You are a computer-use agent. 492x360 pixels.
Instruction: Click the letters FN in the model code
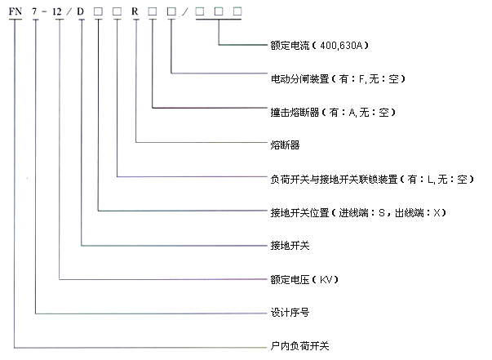coord(15,11)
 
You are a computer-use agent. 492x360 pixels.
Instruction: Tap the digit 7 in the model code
coord(34,11)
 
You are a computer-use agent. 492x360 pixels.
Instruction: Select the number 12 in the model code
coord(57,11)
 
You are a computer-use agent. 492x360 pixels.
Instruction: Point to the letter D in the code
coord(81,11)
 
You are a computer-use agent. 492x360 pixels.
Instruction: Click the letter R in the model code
coord(135,11)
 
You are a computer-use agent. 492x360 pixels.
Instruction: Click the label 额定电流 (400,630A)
coord(319,46)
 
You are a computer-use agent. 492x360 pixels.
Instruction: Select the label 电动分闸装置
coord(299,79)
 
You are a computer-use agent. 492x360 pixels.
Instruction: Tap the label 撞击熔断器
coord(295,113)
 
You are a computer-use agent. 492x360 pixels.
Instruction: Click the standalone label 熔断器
coord(285,145)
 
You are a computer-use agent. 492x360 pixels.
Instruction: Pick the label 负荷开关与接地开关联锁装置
coord(334,180)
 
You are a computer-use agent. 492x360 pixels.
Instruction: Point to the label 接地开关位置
coord(299,213)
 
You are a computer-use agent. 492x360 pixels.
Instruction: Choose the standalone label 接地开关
coord(290,246)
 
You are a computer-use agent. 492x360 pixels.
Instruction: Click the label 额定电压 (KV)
coord(304,279)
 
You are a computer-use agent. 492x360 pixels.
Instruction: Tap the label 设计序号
coord(290,313)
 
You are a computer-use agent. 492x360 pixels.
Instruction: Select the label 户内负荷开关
coord(299,346)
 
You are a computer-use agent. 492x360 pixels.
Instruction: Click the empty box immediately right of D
coord(98,11)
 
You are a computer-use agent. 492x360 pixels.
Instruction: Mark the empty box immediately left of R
coord(117,11)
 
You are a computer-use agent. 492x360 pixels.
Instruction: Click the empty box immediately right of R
coord(153,11)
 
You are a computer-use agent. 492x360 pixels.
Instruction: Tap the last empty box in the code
coord(237,11)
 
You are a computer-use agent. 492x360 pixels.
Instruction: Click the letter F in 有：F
coord(361,79)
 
